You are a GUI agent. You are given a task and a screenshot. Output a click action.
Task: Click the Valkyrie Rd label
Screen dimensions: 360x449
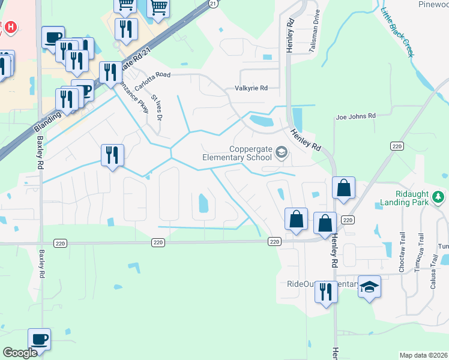tap(250, 88)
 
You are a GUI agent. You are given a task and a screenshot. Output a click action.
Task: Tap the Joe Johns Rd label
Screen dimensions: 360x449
tap(355, 116)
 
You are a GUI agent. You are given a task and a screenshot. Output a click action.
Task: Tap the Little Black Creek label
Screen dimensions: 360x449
tap(397, 33)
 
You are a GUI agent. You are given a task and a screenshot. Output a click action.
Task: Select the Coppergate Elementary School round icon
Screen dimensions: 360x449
tap(281, 153)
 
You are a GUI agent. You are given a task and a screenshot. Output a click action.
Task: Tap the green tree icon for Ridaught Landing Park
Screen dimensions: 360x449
tap(439, 196)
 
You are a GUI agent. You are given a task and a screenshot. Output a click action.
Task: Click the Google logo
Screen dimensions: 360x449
tap(20, 353)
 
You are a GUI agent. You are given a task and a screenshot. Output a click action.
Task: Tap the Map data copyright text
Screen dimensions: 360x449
tap(423, 355)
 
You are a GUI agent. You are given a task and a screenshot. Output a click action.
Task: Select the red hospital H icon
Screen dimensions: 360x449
tap(10, 28)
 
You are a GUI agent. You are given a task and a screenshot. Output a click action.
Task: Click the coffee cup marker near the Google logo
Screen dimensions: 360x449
tap(40, 339)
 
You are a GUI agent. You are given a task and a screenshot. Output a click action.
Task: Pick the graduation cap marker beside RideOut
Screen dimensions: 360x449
tap(370, 287)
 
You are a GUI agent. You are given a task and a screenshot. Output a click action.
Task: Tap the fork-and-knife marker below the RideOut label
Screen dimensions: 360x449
tap(326, 292)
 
